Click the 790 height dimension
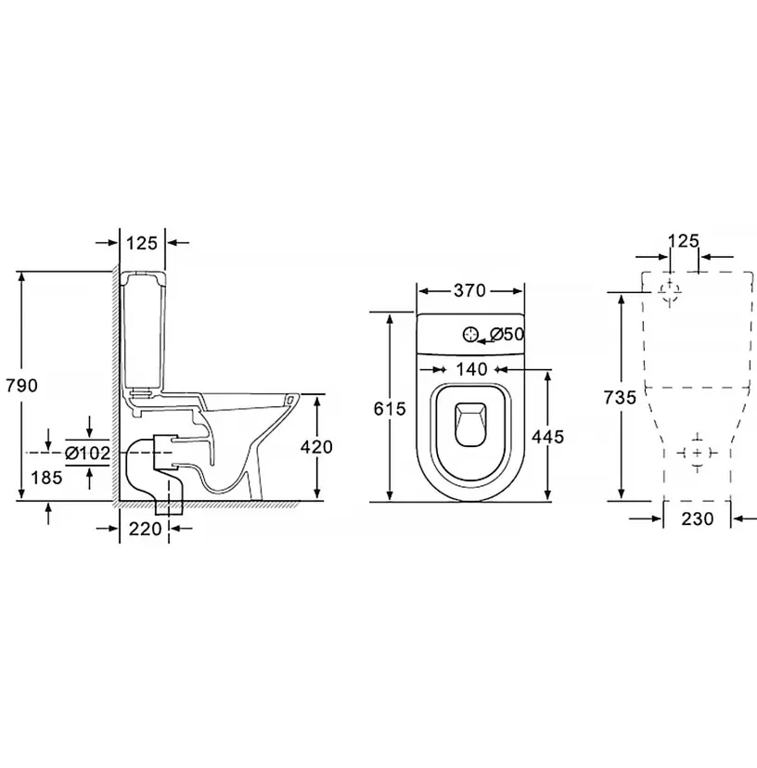[x=21, y=386]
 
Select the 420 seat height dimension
[x=316, y=447]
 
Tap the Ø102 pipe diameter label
[x=88, y=454]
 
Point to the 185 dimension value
[x=46, y=477]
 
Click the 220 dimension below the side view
[x=145, y=529]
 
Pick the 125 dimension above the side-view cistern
[x=142, y=242]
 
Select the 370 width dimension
[x=469, y=290]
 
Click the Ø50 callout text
[x=507, y=334]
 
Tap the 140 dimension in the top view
[x=472, y=369]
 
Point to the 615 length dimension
[x=390, y=408]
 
